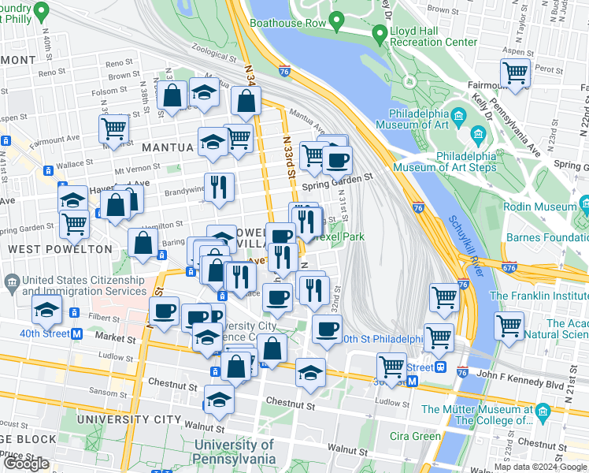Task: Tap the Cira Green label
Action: pos(415,436)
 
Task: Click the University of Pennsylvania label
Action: pos(235,453)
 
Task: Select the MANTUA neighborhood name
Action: pos(166,147)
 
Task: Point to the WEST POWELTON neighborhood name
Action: pos(60,249)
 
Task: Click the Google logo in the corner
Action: pos(26,464)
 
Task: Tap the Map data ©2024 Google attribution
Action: pos(541,467)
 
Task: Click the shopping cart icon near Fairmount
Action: pos(514,73)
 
